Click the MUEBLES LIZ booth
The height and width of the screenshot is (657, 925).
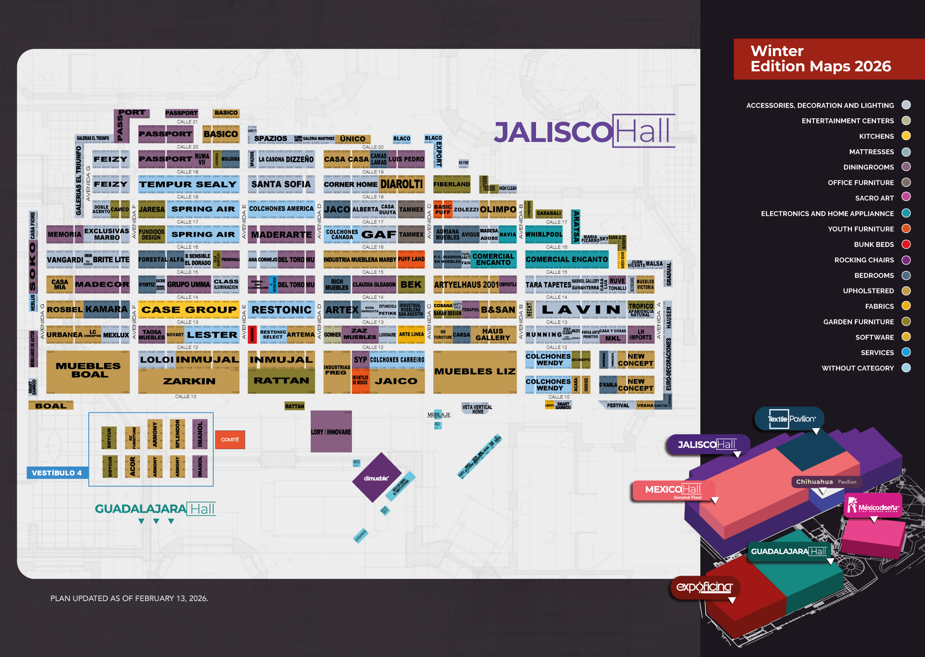475,371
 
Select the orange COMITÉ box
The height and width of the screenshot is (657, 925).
230,440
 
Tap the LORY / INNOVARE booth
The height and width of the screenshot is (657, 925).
331,432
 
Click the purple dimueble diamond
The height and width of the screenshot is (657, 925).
376,478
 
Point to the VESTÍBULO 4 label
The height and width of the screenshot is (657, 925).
57,473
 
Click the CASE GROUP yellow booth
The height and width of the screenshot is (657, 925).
189,310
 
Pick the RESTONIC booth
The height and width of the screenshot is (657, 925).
281,310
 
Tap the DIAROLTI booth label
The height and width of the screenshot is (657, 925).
401,184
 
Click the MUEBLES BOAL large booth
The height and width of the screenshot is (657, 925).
88,370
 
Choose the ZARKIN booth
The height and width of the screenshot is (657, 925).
189,381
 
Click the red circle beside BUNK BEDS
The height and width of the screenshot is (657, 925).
906,244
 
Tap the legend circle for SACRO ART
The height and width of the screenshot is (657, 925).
906,197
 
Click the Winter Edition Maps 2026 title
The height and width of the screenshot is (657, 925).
820,59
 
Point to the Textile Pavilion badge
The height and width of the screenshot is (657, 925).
791,419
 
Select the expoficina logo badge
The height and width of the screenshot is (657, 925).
704,587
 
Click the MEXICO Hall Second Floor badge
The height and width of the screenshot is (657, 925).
673,490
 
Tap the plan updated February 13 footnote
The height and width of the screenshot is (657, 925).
129,598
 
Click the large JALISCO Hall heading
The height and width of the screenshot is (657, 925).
583,131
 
